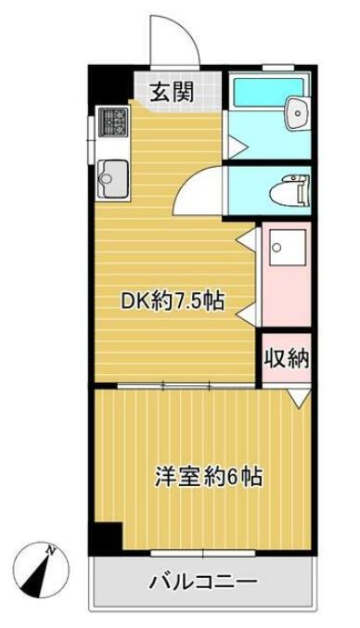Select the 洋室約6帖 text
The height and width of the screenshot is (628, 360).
click(x=208, y=478)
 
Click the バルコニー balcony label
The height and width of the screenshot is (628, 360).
click(x=203, y=584)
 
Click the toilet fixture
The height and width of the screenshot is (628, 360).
click(x=288, y=191)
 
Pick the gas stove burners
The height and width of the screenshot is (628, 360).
click(x=115, y=122)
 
